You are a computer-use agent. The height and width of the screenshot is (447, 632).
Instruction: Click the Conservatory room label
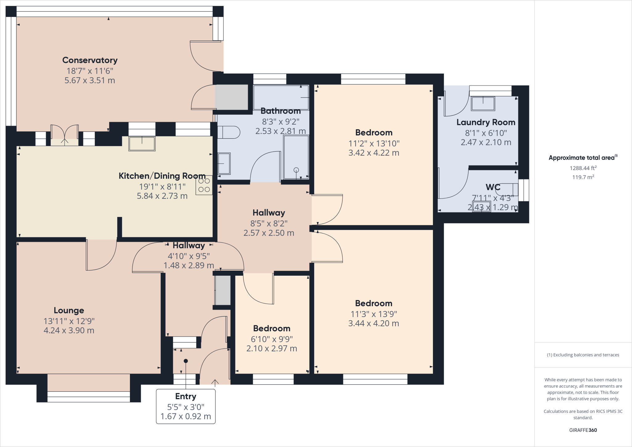point(90,60)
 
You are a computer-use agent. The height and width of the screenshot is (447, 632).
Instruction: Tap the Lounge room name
point(69,310)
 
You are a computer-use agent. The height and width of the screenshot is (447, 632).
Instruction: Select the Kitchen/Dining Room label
point(162,176)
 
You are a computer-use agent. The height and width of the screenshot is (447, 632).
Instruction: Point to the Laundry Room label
point(486,122)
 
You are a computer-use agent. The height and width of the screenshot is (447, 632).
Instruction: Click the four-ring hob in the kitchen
point(204,185)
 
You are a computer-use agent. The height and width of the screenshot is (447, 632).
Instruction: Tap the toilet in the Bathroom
point(229,132)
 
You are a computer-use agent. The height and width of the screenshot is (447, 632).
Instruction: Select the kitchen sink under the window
point(142,144)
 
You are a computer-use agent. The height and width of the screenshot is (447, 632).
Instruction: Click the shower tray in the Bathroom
point(296,157)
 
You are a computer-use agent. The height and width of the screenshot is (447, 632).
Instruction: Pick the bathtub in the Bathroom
point(281,97)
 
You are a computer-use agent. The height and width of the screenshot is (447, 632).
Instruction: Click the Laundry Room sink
point(483,103)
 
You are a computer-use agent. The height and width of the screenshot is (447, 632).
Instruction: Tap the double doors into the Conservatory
point(64,135)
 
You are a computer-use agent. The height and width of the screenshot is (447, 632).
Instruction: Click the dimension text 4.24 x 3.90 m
point(69,330)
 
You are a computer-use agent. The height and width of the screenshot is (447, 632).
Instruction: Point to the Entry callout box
point(186,406)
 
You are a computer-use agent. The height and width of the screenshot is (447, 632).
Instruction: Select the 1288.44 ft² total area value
point(583,168)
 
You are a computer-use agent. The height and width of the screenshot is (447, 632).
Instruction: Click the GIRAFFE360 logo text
point(583,430)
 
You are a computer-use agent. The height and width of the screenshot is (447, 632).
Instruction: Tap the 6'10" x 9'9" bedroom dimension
point(272,339)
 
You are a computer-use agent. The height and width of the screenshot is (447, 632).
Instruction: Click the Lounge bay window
point(89,397)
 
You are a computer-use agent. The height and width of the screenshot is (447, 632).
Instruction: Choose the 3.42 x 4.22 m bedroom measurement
point(374,153)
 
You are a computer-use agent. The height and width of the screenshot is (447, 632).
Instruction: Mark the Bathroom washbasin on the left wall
point(224,163)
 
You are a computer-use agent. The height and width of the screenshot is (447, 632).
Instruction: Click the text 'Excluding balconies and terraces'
point(586,355)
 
